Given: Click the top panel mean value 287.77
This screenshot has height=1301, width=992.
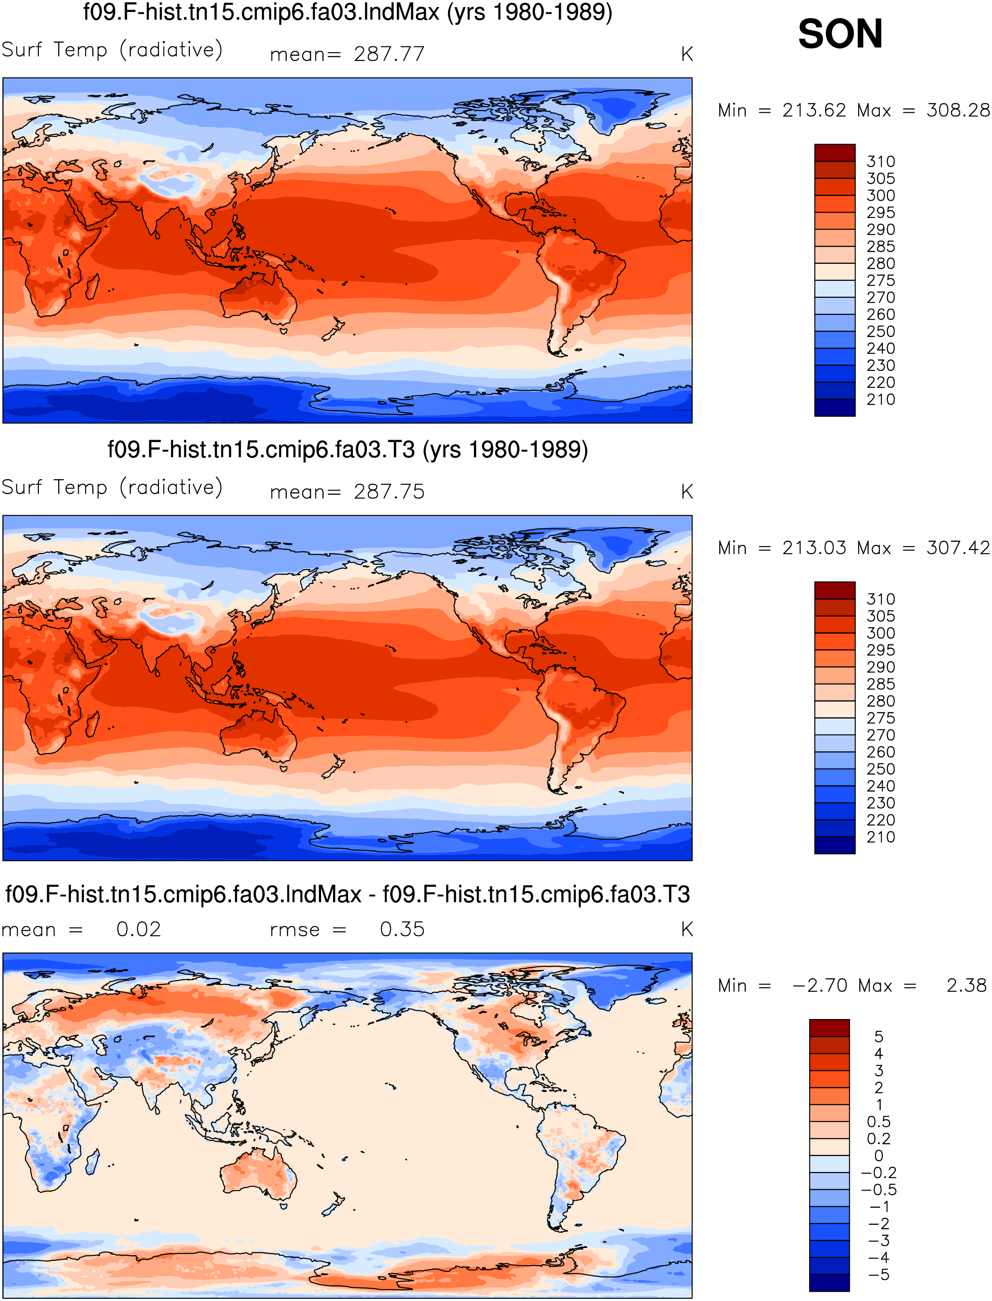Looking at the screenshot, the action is (389, 54).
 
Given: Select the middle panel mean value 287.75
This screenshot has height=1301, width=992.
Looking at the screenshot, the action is (389, 491).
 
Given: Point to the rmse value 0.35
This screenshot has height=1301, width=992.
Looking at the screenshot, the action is (402, 929).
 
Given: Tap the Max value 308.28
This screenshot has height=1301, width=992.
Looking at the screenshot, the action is (958, 110).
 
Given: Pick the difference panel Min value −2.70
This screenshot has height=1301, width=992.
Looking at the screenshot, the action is (820, 985).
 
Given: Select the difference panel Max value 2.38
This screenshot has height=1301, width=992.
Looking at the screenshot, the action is (967, 985).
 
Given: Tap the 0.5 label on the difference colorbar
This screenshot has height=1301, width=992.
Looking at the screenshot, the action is (878, 1122).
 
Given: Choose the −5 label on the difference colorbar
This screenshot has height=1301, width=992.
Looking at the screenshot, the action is (878, 1275).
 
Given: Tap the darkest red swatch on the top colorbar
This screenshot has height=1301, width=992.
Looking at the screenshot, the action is (835, 152).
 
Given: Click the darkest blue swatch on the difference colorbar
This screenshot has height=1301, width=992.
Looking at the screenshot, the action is (829, 1283).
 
